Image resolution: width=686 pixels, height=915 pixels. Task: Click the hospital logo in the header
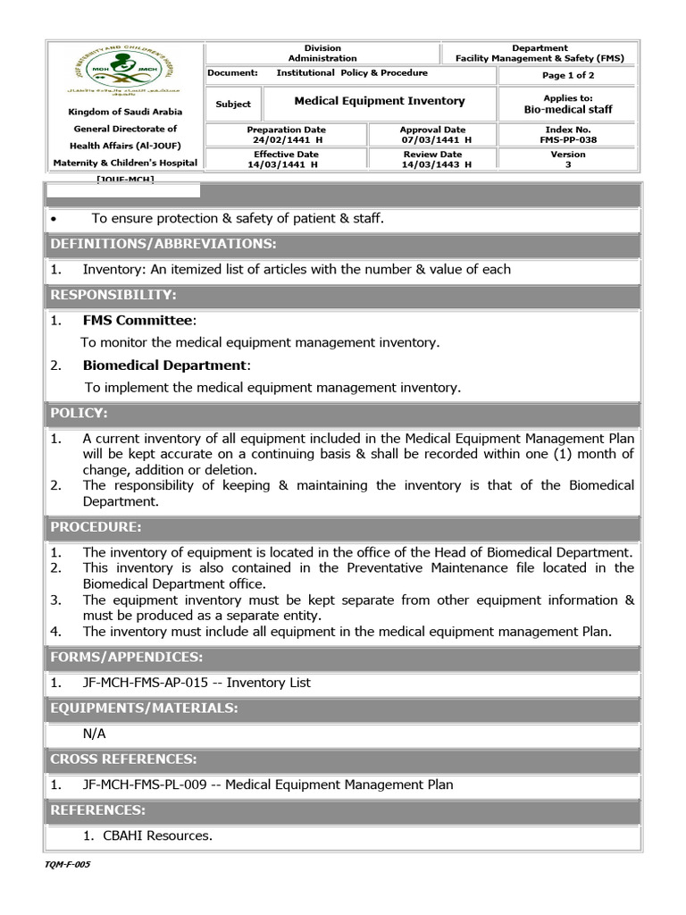tap(124, 72)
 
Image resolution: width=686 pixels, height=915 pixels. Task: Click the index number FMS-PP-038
tap(568, 140)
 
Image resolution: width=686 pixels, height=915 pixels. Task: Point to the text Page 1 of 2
tap(568, 76)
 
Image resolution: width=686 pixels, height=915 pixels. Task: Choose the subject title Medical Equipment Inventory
tap(380, 102)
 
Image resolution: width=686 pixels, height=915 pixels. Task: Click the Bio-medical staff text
tap(568, 110)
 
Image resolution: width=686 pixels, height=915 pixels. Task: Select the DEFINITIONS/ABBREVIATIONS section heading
tap(163, 244)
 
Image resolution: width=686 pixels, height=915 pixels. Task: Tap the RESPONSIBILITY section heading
tap(113, 295)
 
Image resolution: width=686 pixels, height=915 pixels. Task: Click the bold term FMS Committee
tap(138, 320)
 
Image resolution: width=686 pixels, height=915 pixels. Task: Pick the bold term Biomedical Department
tap(164, 365)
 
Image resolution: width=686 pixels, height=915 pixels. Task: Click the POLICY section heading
tap(79, 413)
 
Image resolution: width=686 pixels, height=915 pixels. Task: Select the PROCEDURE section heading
tap(96, 527)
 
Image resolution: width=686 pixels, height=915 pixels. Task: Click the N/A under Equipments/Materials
tap(94, 733)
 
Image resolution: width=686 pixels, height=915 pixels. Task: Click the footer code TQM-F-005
tap(67, 865)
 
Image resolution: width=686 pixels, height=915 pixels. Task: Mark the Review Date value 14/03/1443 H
tap(436, 164)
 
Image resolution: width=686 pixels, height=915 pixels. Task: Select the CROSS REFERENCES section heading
tap(123, 759)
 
